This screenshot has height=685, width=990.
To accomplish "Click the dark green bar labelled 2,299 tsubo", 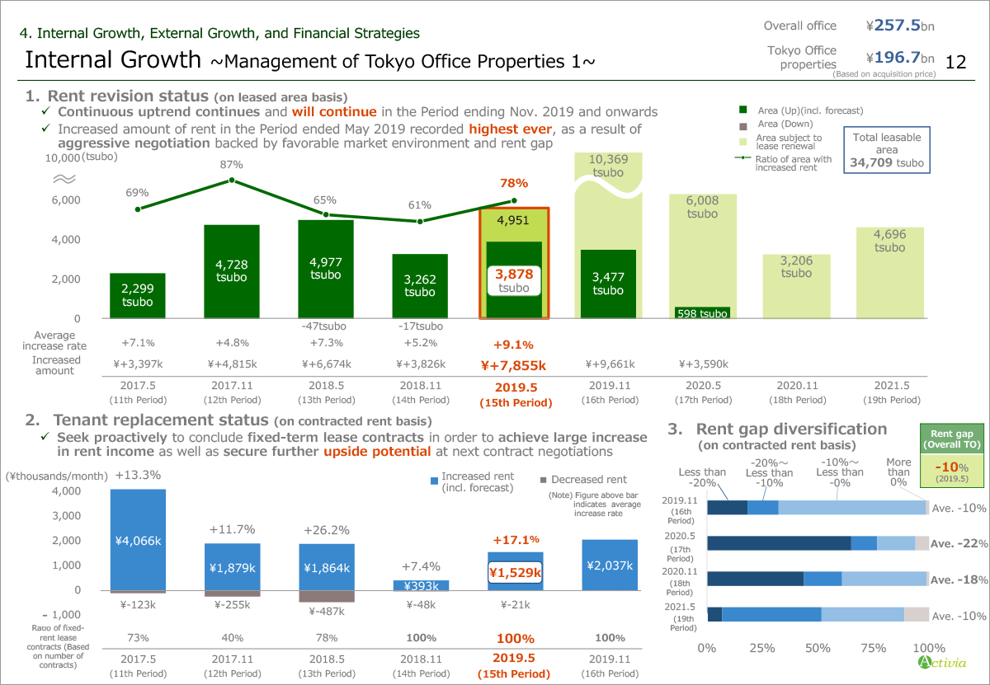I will (x=137, y=295).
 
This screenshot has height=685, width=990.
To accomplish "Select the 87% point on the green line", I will (x=232, y=180).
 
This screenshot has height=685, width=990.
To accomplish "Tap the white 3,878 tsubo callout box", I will (x=513, y=279).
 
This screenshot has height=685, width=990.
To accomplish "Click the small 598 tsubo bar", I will (x=701, y=313).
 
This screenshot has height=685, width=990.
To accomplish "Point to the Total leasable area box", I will (x=886, y=150).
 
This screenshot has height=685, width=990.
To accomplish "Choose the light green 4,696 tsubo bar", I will (x=889, y=272).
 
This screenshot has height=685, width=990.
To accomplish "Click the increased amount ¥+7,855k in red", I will (x=513, y=364).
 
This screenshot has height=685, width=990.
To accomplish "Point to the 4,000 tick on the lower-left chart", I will (x=66, y=490).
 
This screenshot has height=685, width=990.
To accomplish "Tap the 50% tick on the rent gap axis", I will (x=818, y=648).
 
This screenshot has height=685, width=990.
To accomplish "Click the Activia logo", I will (x=937, y=663).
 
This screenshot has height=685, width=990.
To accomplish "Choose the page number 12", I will (x=956, y=62).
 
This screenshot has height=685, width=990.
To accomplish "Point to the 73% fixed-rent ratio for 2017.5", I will (x=138, y=638).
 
